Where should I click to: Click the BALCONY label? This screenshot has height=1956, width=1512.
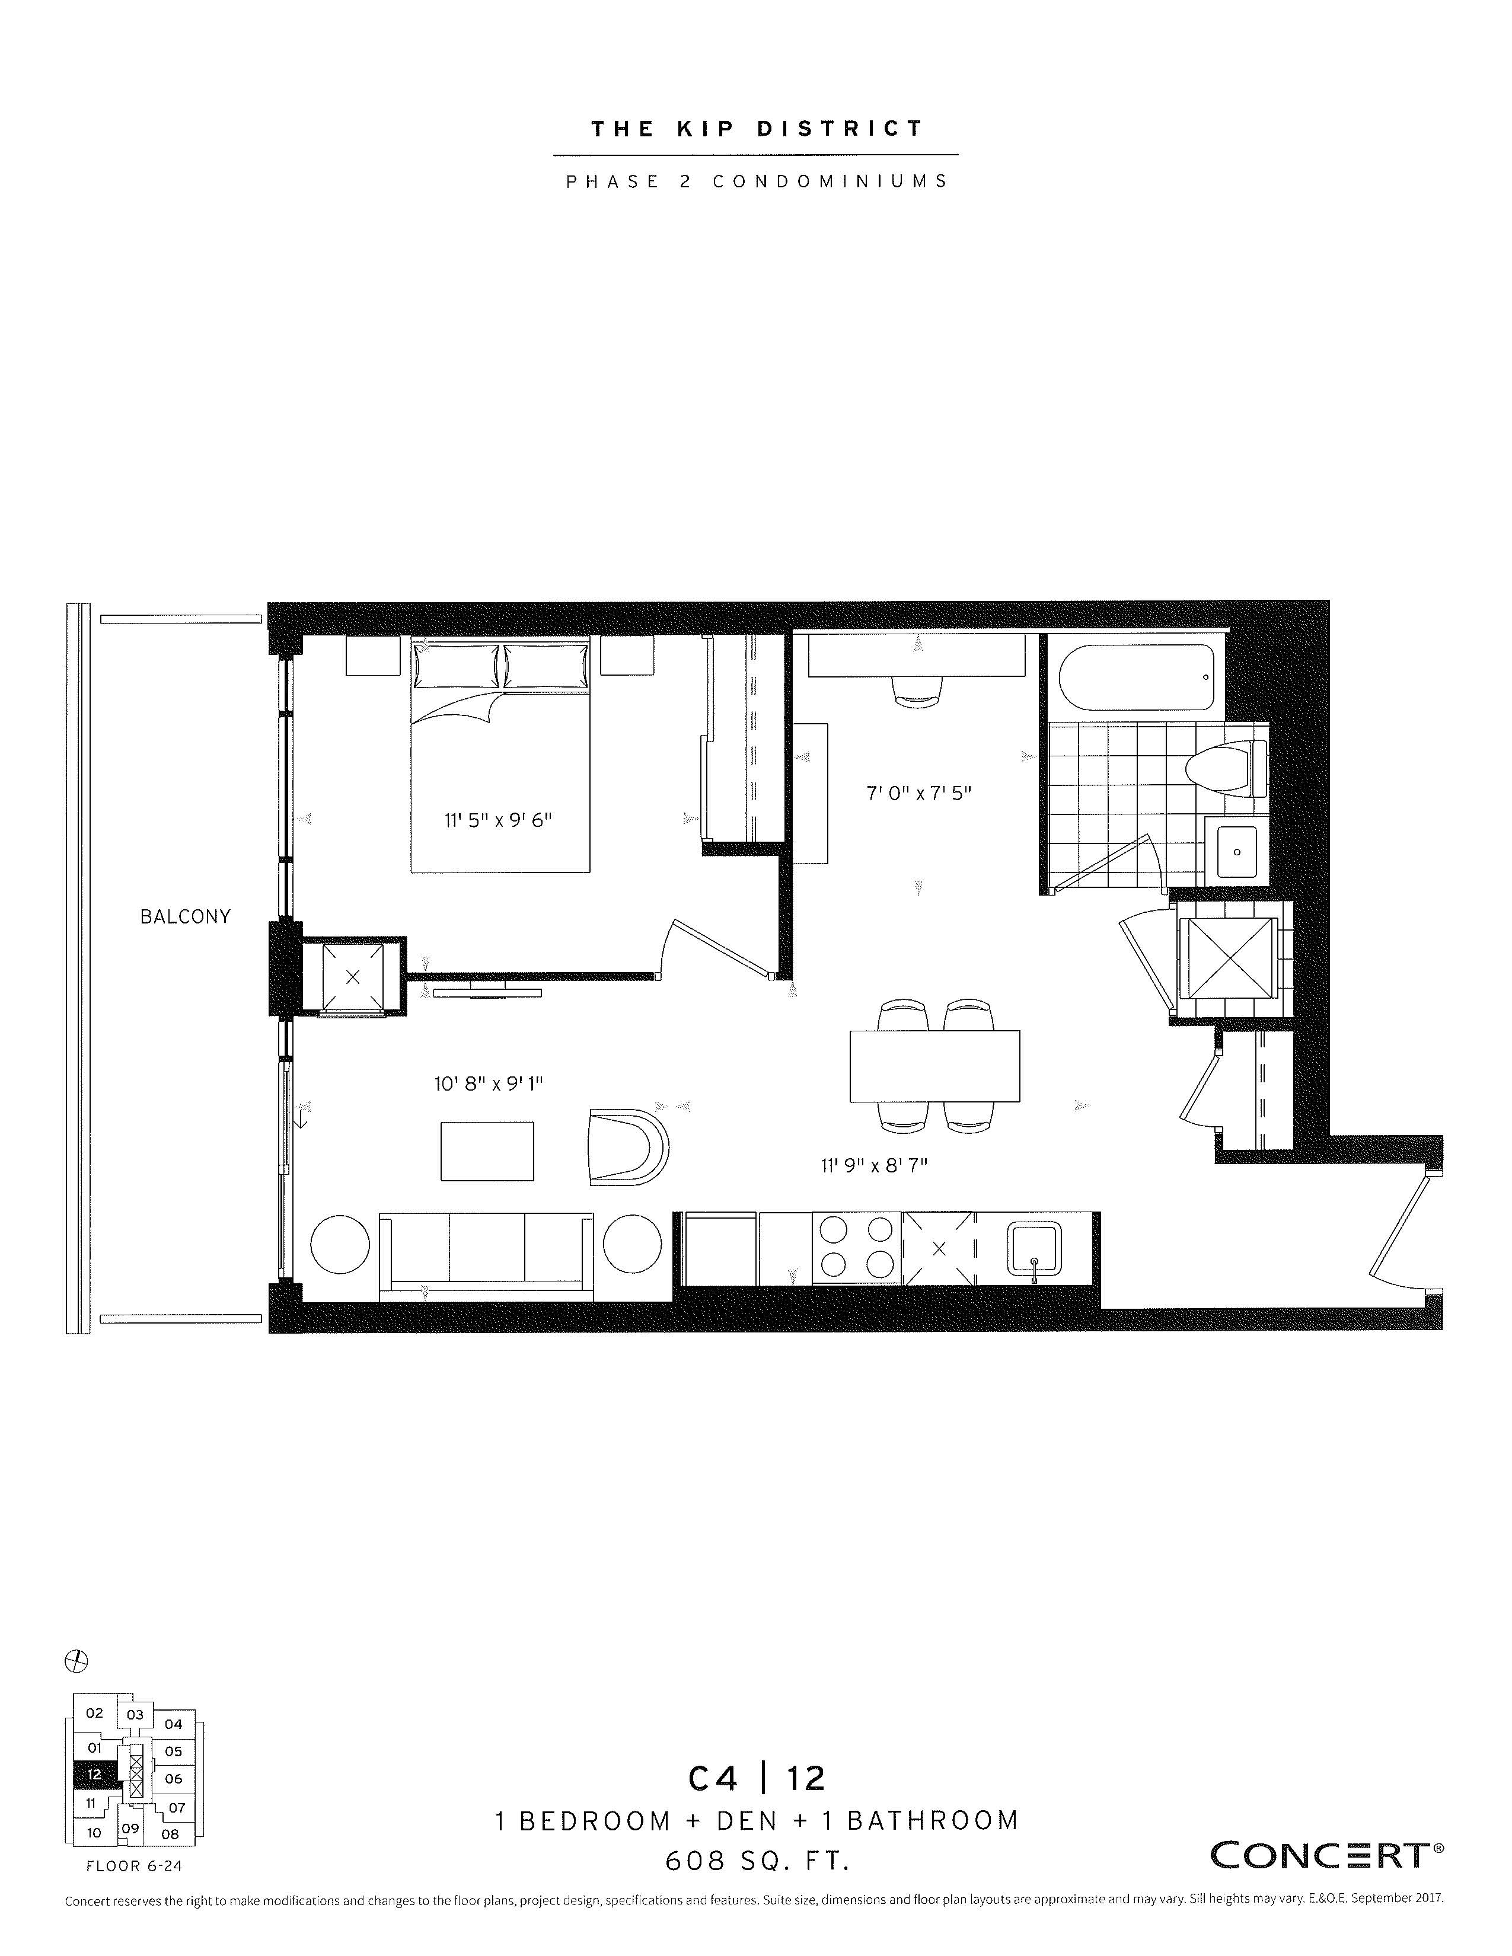186,916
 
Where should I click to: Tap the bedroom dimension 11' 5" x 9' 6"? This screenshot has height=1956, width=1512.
498,820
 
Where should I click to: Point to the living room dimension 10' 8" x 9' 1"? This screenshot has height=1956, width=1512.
489,1084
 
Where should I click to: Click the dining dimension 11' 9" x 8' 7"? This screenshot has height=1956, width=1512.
873,1165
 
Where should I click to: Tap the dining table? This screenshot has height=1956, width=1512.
934,1066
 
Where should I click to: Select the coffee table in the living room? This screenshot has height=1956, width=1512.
487,1151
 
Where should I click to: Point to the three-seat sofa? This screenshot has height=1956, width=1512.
486,1255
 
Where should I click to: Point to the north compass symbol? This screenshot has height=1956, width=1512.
77,1660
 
